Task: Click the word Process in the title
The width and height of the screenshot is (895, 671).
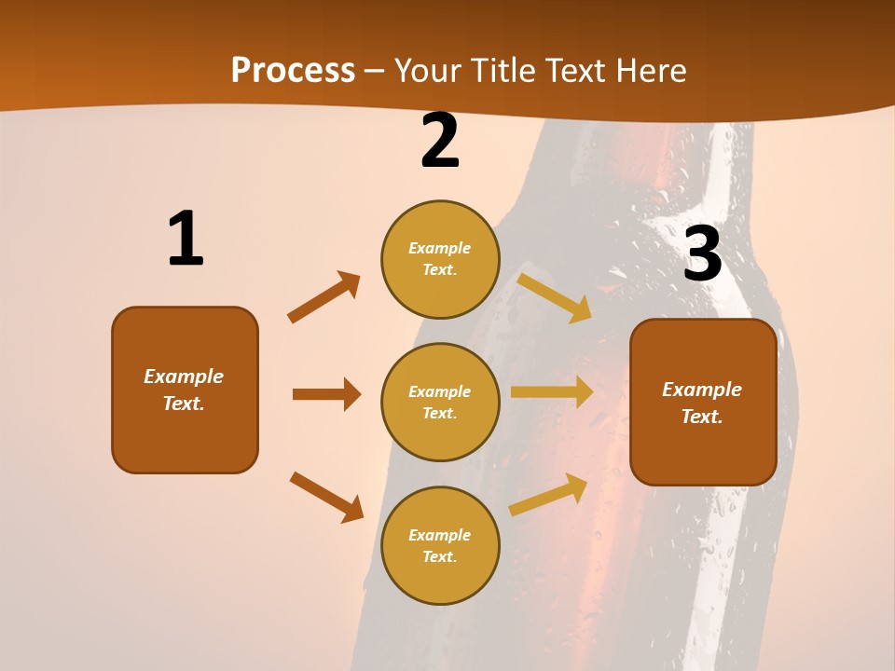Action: pyautogui.click(x=293, y=71)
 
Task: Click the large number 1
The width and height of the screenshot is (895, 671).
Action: pyautogui.click(x=185, y=240)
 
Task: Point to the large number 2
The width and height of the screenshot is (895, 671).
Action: pyautogui.click(x=440, y=142)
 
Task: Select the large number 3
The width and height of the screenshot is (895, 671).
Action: pyautogui.click(x=702, y=254)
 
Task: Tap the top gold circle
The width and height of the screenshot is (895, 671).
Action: pyautogui.click(x=440, y=259)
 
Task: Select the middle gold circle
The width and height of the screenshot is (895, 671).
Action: pyautogui.click(x=440, y=403)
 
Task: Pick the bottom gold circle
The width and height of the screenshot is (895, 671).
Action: pyautogui.click(x=440, y=546)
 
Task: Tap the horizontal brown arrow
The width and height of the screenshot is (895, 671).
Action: pyautogui.click(x=326, y=394)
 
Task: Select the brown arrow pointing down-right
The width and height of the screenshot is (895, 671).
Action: pyautogui.click(x=326, y=497)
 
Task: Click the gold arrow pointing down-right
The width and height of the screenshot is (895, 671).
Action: pyautogui.click(x=555, y=297)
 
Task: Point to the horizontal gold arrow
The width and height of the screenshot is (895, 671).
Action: pyautogui.click(x=552, y=392)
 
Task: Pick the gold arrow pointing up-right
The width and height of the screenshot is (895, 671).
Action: pyautogui.click(x=548, y=494)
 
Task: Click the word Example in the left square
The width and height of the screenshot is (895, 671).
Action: pyautogui.click(x=184, y=377)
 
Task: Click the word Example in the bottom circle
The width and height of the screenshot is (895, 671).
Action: pyautogui.click(x=440, y=535)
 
